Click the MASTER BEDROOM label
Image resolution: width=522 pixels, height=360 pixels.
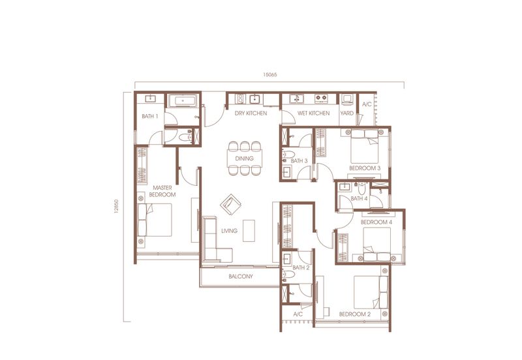coord(162,191)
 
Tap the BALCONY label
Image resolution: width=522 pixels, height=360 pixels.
coord(241,277)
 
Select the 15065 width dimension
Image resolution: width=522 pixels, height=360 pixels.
coord(270,74)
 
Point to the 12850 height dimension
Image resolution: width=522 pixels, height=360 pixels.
coord(116,206)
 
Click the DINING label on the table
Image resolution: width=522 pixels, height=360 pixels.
coord(244,158)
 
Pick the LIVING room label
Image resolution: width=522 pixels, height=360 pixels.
coord(230,231)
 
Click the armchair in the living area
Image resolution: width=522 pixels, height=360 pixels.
coord(230,204)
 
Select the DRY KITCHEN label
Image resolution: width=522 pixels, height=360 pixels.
coord(251,113)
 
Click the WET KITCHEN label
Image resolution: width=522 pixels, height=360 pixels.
coord(313,113)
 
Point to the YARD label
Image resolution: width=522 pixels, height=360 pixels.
coord(347,113)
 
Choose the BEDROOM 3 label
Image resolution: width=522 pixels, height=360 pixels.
coord(365,168)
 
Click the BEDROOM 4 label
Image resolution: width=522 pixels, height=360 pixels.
coord(376,222)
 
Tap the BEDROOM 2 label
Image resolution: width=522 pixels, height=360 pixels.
coord(355,314)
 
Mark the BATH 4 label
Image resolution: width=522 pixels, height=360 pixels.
coord(359,199)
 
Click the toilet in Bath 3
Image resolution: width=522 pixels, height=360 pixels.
coord(288,155)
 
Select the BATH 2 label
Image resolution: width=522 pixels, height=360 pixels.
coord(301,267)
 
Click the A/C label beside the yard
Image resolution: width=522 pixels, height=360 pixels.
coord(367,104)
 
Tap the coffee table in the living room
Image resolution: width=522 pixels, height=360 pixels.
coord(249,231)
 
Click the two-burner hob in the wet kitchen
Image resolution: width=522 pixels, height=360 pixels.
coord(321,98)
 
